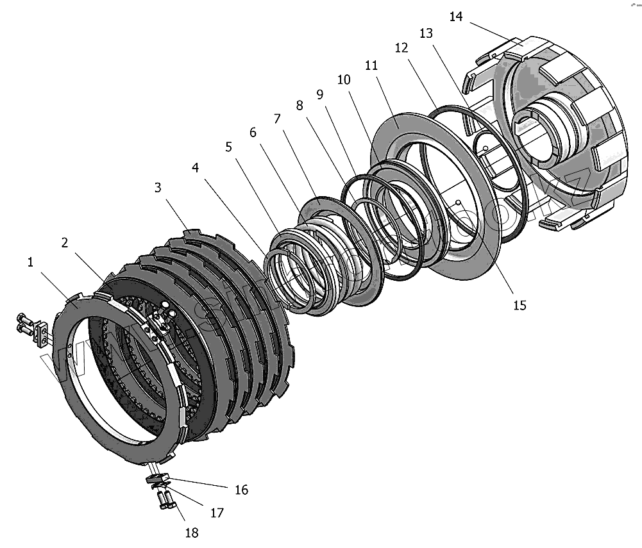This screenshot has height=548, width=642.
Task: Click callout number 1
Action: coord(30,262)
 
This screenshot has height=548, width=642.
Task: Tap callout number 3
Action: coord(157,188)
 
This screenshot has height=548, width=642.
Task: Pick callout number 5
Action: coord(229,147)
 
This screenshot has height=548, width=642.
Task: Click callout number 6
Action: coord(253,132)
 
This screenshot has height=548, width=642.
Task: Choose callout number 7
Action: coord(277,119)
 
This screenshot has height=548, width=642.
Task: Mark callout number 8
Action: coord(299,106)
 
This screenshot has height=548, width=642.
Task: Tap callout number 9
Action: coord(320,94)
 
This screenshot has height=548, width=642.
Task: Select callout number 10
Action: coord(344,80)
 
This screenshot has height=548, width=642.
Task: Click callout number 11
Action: coord(371,66)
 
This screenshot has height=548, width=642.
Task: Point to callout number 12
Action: coord(401,48)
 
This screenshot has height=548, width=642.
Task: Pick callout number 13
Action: coord(427,33)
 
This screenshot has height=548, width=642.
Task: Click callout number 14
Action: coord(456,17)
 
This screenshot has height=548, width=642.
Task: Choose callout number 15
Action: coord(520,305)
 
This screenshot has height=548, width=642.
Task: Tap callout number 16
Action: coord(241,490)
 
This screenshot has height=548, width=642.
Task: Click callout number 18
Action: coord(191,532)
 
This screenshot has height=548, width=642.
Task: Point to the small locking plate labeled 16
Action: coord(157,477)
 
